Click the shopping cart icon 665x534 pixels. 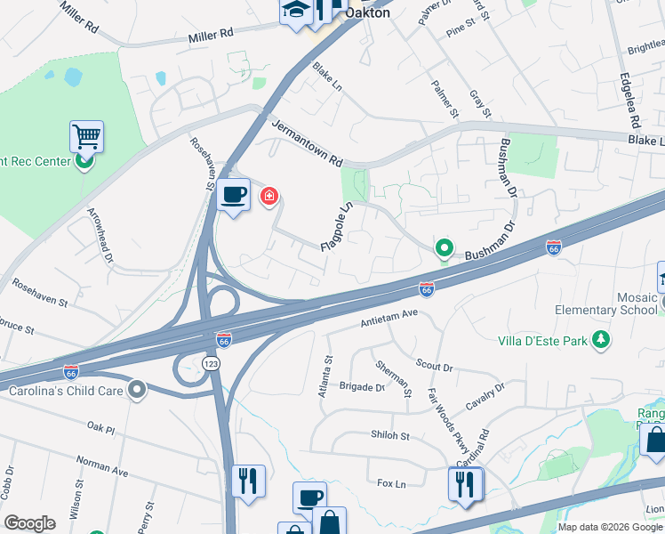pyautogui.click(x=86, y=136)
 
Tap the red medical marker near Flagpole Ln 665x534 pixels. pyautogui.click(x=268, y=196)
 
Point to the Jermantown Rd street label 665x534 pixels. pyautogui.click(x=307, y=145)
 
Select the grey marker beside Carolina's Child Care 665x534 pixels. pyautogui.click(x=136, y=389)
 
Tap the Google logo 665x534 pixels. pyautogui.click(x=29, y=523)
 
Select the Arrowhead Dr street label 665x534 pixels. pyautogui.click(x=101, y=237)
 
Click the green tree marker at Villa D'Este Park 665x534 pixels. pyautogui.click(x=602, y=340)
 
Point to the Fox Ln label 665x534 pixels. pyautogui.click(x=391, y=483)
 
